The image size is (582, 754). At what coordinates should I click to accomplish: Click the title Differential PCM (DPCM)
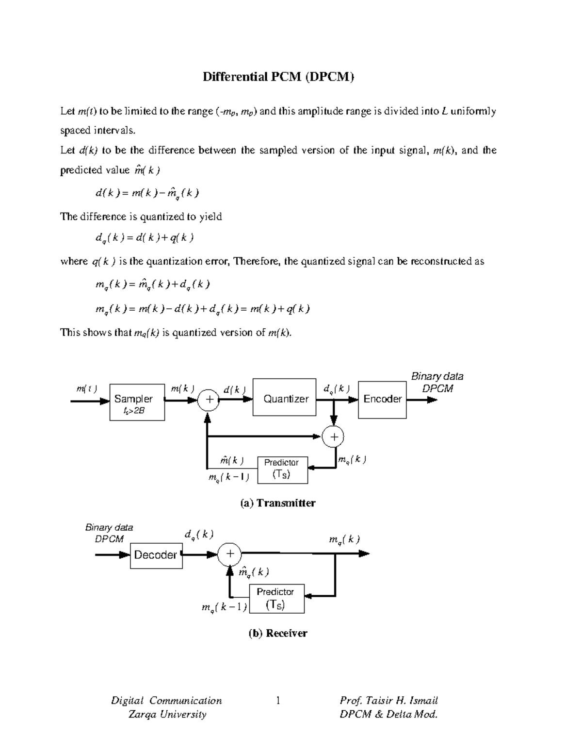[x=278, y=77]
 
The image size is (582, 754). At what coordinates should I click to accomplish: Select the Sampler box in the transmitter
[x=137, y=402]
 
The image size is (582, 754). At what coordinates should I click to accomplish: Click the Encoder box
[x=382, y=399]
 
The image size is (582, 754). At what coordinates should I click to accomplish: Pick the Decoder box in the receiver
[x=156, y=555]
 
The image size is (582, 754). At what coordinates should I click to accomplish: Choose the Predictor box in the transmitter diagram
[x=282, y=469]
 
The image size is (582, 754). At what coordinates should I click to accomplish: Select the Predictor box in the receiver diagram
[x=276, y=599]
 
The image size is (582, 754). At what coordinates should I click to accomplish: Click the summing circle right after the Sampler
[x=209, y=400]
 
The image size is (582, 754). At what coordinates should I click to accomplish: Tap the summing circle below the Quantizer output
[x=334, y=436]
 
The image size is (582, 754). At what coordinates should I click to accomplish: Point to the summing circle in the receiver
[x=230, y=554]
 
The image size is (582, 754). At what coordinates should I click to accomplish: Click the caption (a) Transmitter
[x=278, y=503]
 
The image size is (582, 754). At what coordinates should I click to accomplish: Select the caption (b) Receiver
[x=278, y=633]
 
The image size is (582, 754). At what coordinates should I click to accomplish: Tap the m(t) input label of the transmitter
[x=86, y=388]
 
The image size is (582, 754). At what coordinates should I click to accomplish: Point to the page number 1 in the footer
[x=278, y=700]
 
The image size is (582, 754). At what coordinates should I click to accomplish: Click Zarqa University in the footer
[x=167, y=714]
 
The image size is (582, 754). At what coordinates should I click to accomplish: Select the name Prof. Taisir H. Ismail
[x=388, y=700]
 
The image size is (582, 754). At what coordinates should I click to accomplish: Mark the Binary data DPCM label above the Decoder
[x=109, y=533]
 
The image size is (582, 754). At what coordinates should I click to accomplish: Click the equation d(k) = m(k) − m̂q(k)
[x=147, y=193]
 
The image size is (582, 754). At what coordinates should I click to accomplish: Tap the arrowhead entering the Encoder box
[x=354, y=400]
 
